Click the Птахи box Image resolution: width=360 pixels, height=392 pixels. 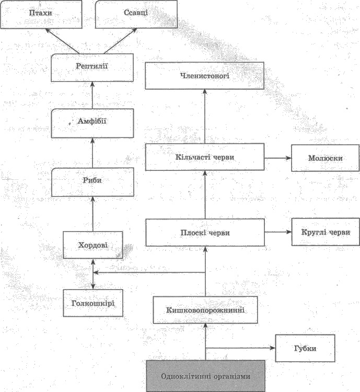(x=41, y=14)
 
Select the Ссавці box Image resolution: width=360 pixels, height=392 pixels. (x=136, y=14)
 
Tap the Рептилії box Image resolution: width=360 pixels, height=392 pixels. (x=92, y=67)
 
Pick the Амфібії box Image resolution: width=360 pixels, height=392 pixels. (x=92, y=123)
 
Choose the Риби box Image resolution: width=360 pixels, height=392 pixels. (x=92, y=182)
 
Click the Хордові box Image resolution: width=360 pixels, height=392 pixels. (x=93, y=245)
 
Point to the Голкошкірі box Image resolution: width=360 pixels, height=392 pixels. (x=93, y=303)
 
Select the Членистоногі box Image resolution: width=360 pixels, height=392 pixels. (x=204, y=76)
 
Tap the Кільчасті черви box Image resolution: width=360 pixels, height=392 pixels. (x=205, y=157)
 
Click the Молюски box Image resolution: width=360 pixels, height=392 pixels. (x=325, y=158)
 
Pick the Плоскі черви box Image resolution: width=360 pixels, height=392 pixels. (x=205, y=233)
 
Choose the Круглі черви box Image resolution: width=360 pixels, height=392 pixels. (x=326, y=232)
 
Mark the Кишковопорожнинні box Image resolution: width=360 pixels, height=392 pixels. (x=205, y=310)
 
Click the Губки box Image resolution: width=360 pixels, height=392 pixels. (x=305, y=348)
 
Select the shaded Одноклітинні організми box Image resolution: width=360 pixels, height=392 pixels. (x=205, y=376)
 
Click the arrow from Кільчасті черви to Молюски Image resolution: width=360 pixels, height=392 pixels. (x=278, y=158)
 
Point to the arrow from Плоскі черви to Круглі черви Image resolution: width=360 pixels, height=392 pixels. (x=278, y=232)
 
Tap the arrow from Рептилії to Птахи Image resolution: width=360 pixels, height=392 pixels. (x=62, y=41)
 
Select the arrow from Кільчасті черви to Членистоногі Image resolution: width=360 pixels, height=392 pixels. (x=205, y=116)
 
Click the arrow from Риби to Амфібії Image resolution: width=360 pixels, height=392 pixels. (x=92, y=153)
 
